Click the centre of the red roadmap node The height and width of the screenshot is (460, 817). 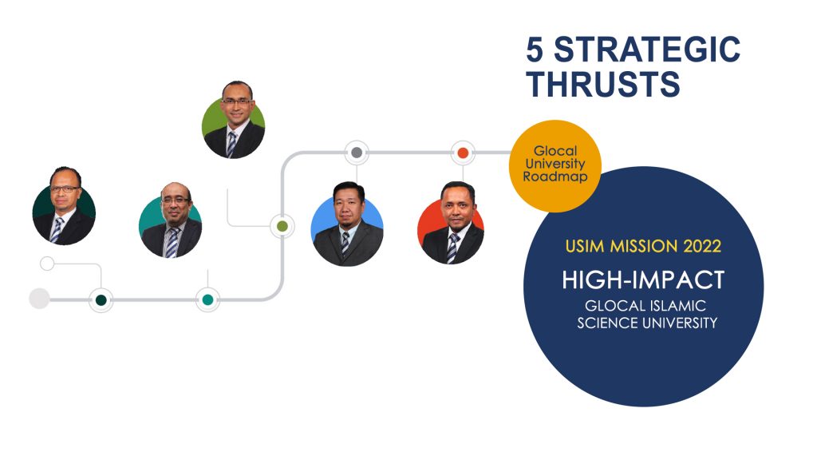pyautogui.click(x=463, y=153)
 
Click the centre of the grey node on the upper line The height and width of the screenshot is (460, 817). pyautogui.click(x=357, y=153)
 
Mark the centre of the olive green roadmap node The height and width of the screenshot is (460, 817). pyautogui.click(x=282, y=226)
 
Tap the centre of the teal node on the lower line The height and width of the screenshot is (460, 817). pyautogui.click(x=207, y=300)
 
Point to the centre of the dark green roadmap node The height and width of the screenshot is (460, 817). pyautogui.click(x=101, y=300)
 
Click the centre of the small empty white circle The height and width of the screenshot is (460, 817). pyautogui.click(x=47, y=264)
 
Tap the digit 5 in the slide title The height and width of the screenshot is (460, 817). pyautogui.click(x=535, y=50)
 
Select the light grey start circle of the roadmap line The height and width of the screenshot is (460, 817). pyautogui.click(x=39, y=299)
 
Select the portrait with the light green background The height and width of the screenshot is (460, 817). pyautogui.click(x=234, y=120)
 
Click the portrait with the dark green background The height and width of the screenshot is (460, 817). pyautogui.click(x=64, y=206)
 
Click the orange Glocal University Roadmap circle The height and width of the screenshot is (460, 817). pyautogui.click(x=555, y=166)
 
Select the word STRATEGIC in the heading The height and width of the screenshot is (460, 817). pyautogui.click(x=646, y=50)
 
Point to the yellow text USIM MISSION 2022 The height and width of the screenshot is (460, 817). pyautogui.click(x=643, y=246)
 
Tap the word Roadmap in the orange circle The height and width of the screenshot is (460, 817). pyautogui.click(x=555, y=176)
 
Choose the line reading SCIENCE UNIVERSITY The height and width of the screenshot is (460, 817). pyautogui.click(x=647, y=323)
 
